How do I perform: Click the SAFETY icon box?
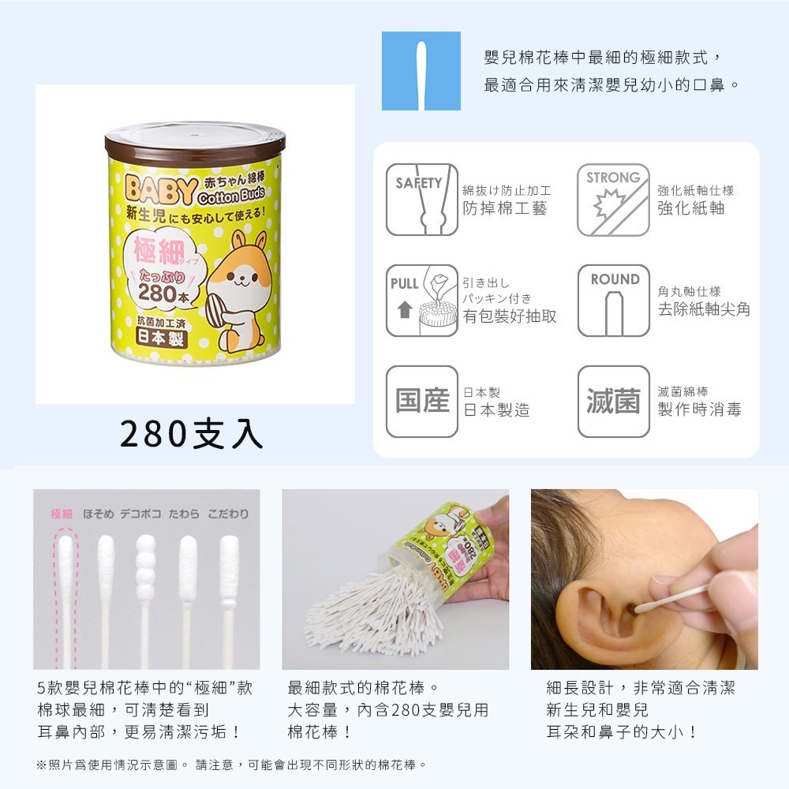pos(422,200)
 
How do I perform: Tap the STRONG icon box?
pos(613,200)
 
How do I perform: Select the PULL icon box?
pos(422,301)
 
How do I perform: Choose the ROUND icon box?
pos(613,301)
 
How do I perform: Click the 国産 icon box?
pos(422,402)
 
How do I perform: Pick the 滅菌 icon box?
pos(613,402)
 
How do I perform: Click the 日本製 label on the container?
pos(160,338)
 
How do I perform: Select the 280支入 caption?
pos(192,434)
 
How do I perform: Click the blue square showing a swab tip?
pos(421,71)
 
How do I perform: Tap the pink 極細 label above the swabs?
pos(62,514)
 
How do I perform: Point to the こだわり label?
pos(228,514)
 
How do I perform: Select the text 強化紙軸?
pos(691,208)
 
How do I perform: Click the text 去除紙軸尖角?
pos(704,309)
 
